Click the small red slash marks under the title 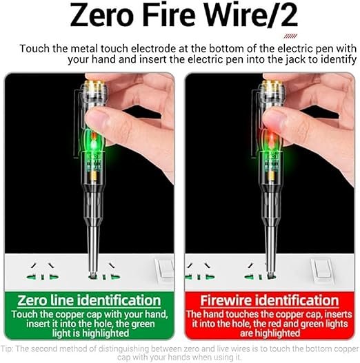click(x=290, y=36)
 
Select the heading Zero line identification click(x=89, y=300)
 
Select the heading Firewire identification click(x=270, y=300)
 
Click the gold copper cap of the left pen click(x=94, y=85)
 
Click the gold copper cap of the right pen click(x=272, y=85)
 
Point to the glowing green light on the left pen click(x=93, y=143)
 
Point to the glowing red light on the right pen click(x=270, y=141)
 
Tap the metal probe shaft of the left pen click(x=93, y=245)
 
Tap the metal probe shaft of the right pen click(x=270, y=245)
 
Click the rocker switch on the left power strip click(x=165, y=270)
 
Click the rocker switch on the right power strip click(x=322, y=270)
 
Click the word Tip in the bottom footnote click(x=6, y=349)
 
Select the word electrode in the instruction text click(x=153, y=49)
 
